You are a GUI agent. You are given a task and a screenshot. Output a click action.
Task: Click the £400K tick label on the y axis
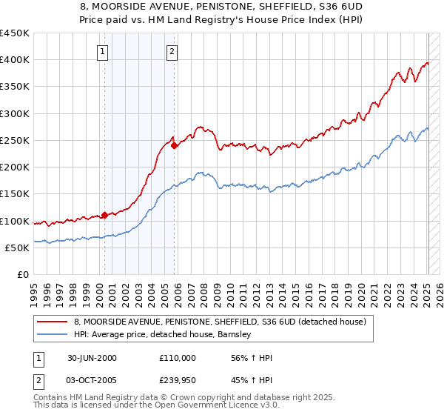point(15,60)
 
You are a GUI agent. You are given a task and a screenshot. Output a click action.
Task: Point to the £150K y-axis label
point(15,194)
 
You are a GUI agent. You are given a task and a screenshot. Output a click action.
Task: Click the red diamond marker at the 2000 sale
point(104,216)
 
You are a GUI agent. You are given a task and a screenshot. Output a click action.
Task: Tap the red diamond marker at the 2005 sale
point(174,146)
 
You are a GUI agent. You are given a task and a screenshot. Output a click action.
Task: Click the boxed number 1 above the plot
point(102,52)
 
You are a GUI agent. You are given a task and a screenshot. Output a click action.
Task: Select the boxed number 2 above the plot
point(172,52)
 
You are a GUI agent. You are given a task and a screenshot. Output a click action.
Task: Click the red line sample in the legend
point(52,322)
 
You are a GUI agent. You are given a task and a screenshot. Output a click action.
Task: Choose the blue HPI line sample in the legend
point(52,335)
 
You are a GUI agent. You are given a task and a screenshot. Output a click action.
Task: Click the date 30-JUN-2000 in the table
point(92,358)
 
